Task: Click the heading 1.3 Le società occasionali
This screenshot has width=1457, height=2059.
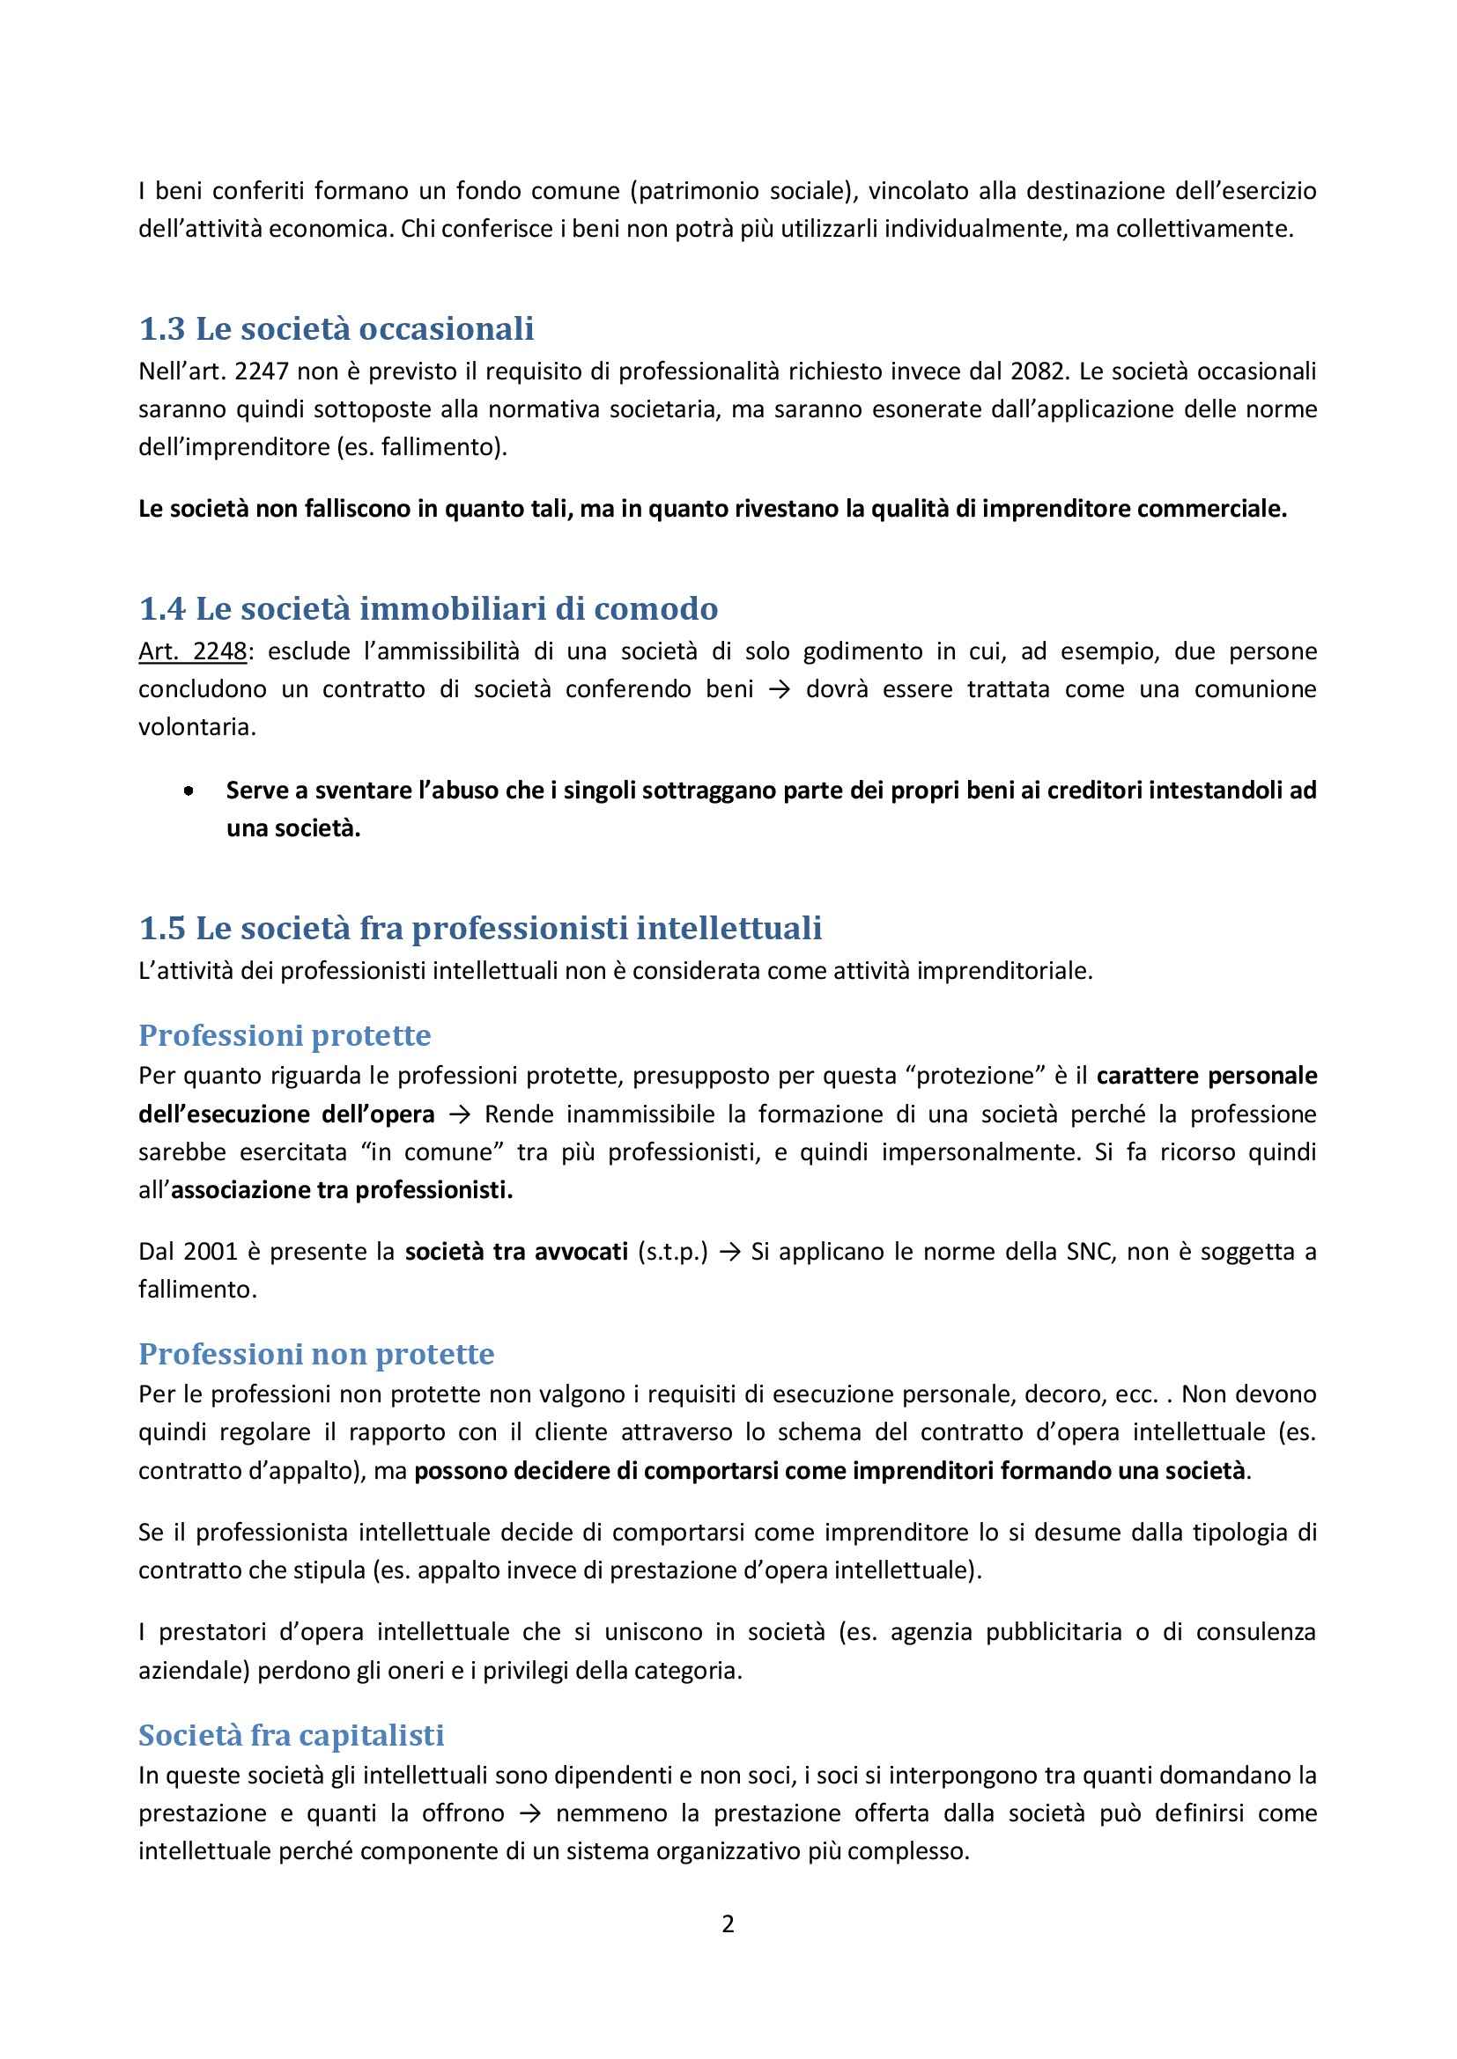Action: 337,329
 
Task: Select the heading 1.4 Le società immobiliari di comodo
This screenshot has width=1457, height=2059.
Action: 428,609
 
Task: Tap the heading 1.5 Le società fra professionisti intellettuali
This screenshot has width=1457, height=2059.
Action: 480,928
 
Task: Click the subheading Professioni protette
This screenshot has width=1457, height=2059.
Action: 285,1035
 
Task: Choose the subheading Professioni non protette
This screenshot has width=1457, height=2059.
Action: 316,1353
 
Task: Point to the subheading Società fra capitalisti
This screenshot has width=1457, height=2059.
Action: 291,1735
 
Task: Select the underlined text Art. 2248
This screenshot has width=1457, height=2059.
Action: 192,651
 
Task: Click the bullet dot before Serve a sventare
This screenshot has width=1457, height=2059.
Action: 189,792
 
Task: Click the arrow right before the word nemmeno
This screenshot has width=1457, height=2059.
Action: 531,1813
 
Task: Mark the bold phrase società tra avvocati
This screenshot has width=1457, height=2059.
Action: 516,1252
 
